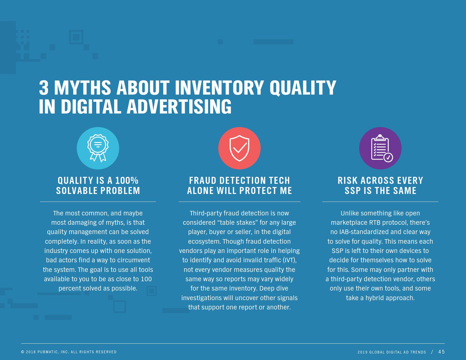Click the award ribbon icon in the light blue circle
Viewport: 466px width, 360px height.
point(98,148)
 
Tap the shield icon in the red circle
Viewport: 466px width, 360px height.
point(239,148)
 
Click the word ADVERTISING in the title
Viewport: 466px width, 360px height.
point(179,106)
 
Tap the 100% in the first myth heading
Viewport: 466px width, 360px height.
point(127,180)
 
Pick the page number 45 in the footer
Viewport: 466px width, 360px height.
point(441,352)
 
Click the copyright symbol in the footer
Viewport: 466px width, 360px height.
point(23,352)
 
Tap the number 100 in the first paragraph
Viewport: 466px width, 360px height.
point(146,279)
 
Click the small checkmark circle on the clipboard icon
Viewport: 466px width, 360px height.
point(388,158)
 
